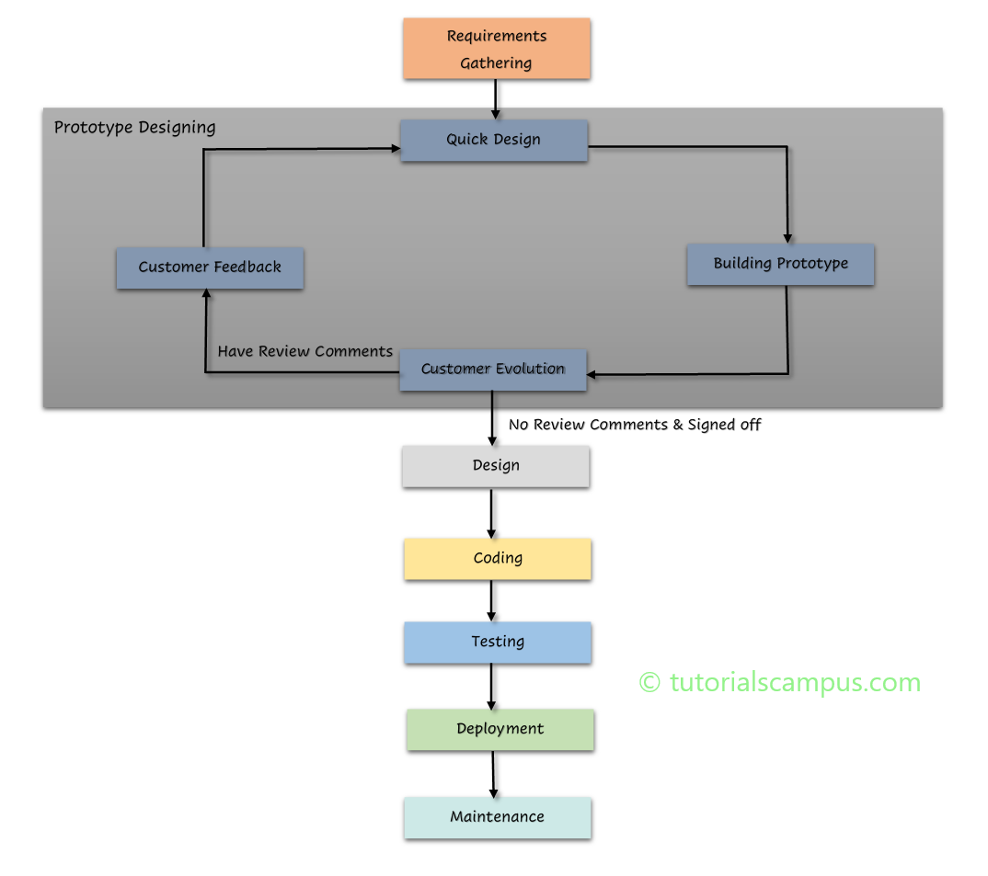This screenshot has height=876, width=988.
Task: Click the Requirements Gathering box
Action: click(x=496, y=49)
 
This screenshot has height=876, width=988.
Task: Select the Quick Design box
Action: click(x=494, y=140)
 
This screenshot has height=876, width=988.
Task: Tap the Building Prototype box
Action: click(x=780, y=264)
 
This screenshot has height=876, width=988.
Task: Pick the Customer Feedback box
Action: click(x=210, y=267)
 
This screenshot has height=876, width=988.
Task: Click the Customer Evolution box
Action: click(x=493, y=370)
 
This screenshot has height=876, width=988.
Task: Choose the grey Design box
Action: click(x=496, y=466)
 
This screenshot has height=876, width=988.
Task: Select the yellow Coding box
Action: click(x=498, y=559)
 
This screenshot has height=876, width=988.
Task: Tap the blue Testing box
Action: click(x=498, y=643)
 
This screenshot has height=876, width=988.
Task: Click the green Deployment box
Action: click(x=500, y=730)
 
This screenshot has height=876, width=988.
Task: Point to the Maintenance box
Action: click(x=498, y=817)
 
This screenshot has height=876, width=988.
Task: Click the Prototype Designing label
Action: click(x=134, y=127)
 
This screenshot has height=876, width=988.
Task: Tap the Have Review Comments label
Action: click(x=304, y=351)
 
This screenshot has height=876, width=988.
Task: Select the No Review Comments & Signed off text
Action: click(x=635, y=425)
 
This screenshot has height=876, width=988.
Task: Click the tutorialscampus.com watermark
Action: click(x=780, y=682)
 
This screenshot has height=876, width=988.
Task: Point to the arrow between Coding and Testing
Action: click(x=491, y=600)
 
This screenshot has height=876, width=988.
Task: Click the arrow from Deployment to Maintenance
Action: click(x=493, y=774)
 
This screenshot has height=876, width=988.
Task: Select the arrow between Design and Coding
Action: click(x=491, y=513)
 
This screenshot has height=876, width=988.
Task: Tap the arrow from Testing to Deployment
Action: click(x=491, y=686)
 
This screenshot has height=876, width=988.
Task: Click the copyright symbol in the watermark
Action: click(x=649, y=682)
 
